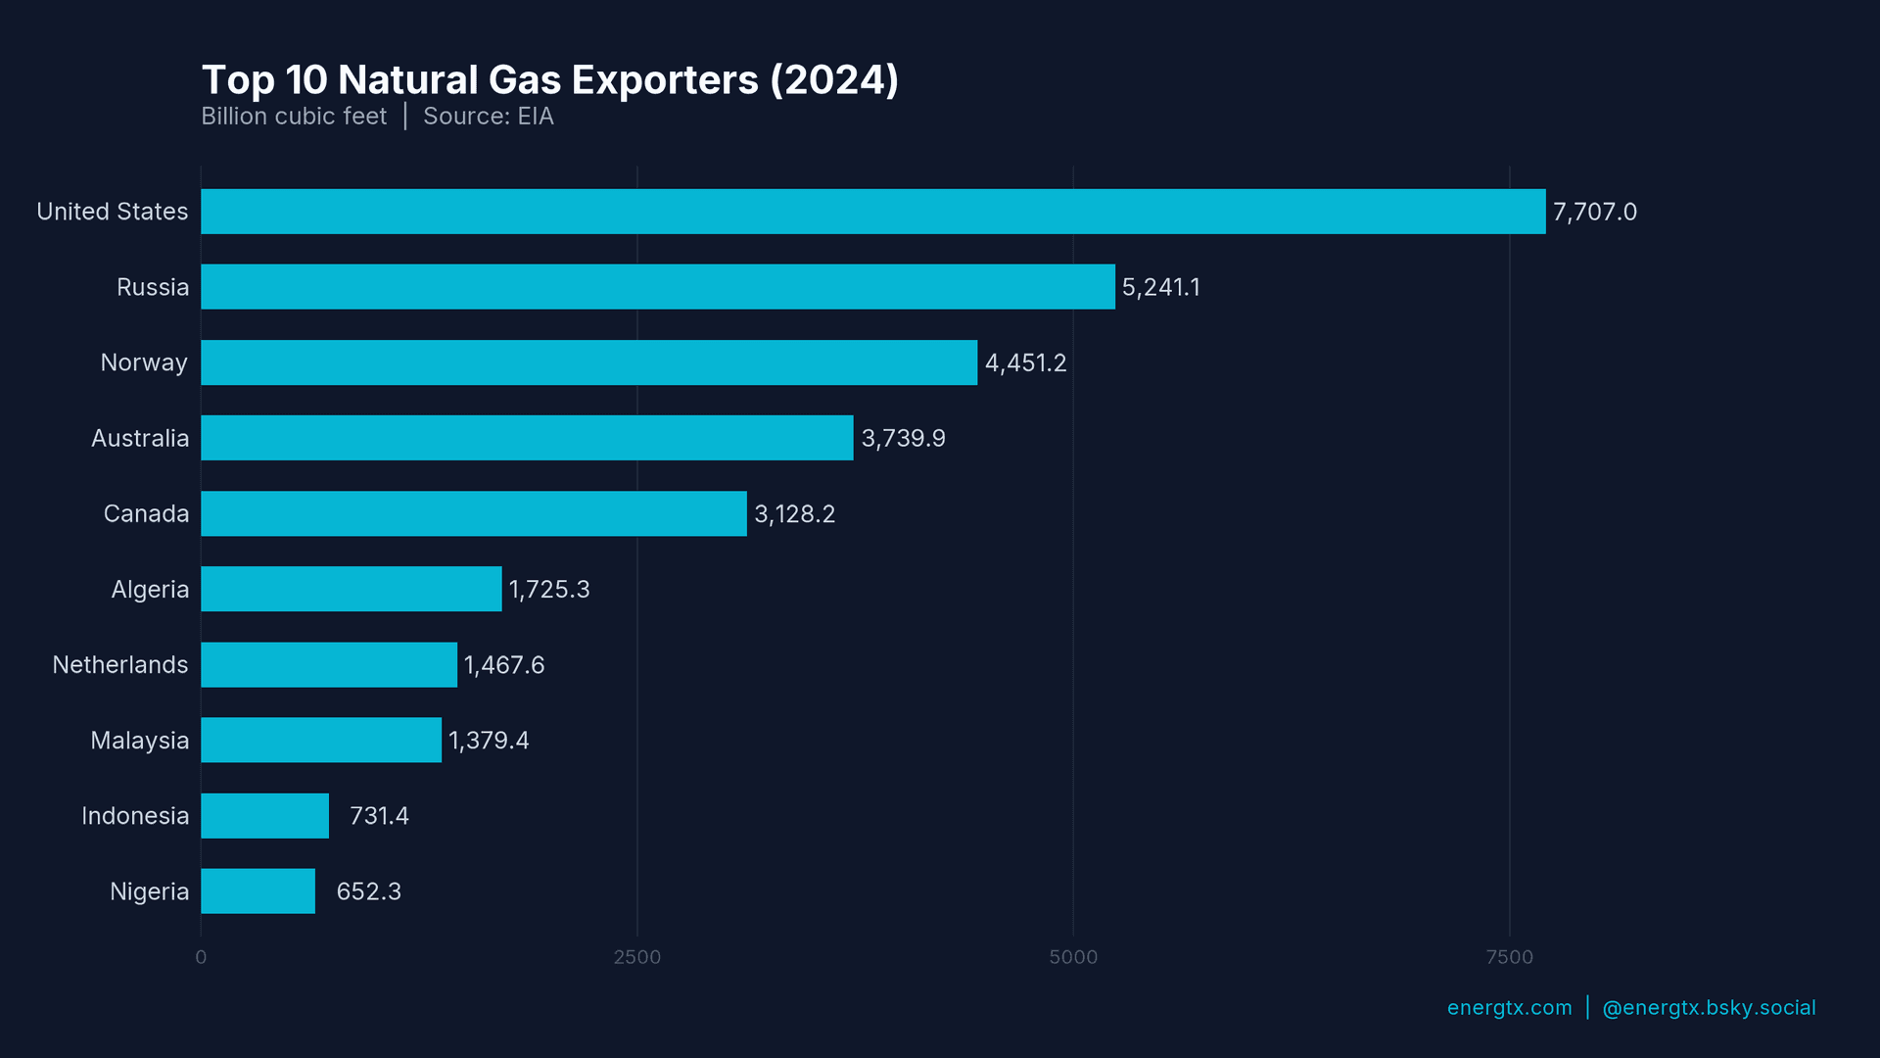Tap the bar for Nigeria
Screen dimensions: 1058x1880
point(258,891)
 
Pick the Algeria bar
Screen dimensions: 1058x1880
point(351,589)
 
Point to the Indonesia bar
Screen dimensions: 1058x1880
point(264,816)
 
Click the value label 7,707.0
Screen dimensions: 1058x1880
point(1594,212)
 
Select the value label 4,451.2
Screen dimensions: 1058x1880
point(1025,363)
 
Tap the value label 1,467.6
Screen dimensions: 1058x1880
point(503,665)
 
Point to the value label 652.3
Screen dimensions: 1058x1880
point(368,891)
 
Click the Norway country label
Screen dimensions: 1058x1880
point(144,363)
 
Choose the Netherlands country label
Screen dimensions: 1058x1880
point(119,665)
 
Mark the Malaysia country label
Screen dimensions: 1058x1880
point(139,741)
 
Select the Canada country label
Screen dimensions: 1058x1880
point(146,514)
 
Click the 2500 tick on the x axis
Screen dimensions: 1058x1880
point(636,957)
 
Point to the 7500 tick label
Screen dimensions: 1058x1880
point(1509,957)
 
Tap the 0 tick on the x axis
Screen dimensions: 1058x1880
point(201,957)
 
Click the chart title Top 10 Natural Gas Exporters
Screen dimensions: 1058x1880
point(549,80)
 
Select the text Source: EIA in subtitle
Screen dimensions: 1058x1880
point(488,117)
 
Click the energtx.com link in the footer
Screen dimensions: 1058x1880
point(1509,1008)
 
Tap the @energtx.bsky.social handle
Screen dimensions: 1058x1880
point(1708,1008)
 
